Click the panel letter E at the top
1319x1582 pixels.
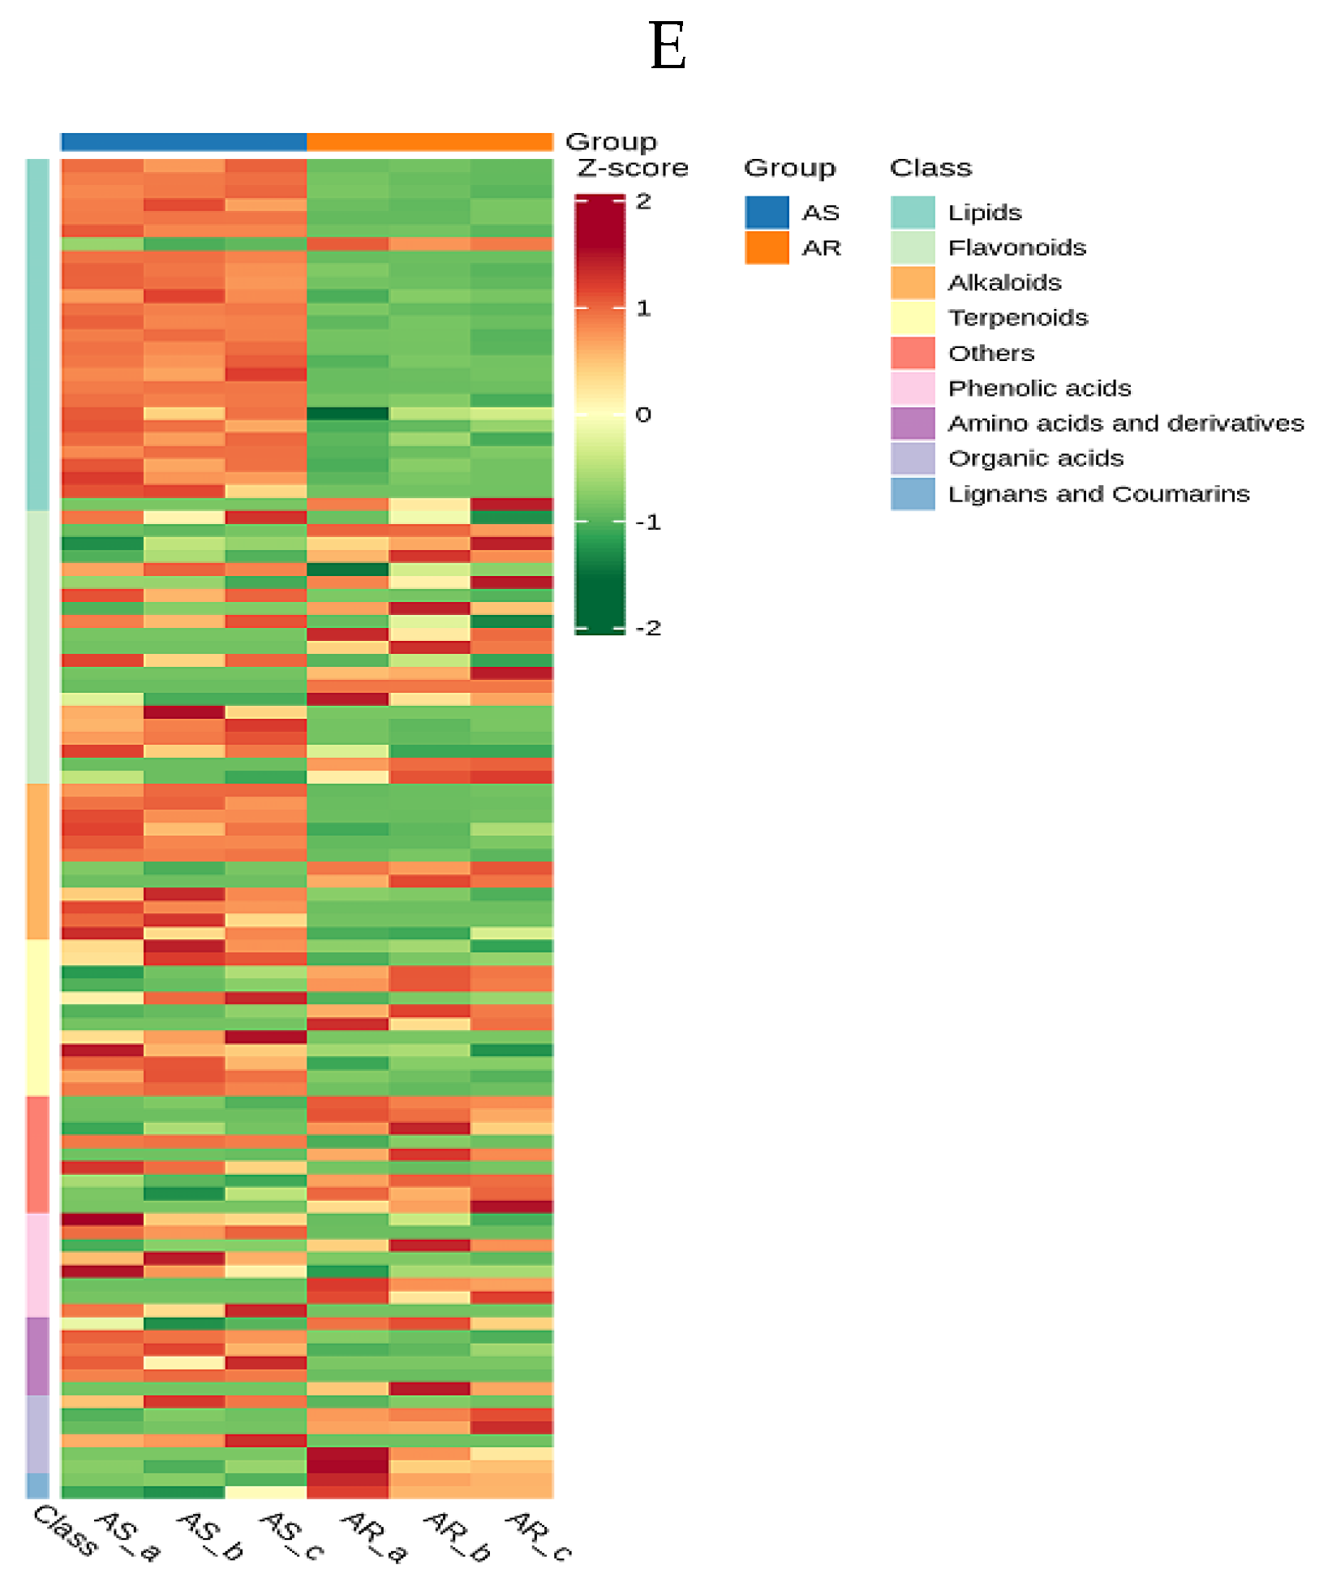[x=668, y=47]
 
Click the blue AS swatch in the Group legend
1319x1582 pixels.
[x=767, y=213]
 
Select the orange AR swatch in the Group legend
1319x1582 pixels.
[x=767, y=248]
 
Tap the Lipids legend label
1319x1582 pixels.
[x=984, y=213]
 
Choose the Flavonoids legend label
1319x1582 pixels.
[x=1016, y=248]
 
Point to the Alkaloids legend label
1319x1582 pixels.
[x=1004, y=283]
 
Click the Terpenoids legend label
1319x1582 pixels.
[x=1017, y=318]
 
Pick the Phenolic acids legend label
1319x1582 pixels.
[x=1039, y=389]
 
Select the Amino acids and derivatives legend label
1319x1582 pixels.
[x=1125, y=423]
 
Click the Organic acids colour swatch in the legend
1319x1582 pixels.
[x=913, y=459]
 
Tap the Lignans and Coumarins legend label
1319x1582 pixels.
[x=1098, y=494]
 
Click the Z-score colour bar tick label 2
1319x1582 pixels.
[x=643, y=202]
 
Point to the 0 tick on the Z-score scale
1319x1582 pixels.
[x=643, y=415]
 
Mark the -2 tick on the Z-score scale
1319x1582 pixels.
[x=648, y=628]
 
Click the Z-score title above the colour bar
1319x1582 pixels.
[x=633, y=168]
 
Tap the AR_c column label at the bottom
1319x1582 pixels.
[x=538, y=1536]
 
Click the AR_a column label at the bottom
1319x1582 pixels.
[x=373, y=1536]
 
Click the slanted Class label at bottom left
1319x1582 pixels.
[x=66, y=1530]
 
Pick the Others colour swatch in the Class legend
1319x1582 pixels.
[x=913, y=354]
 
